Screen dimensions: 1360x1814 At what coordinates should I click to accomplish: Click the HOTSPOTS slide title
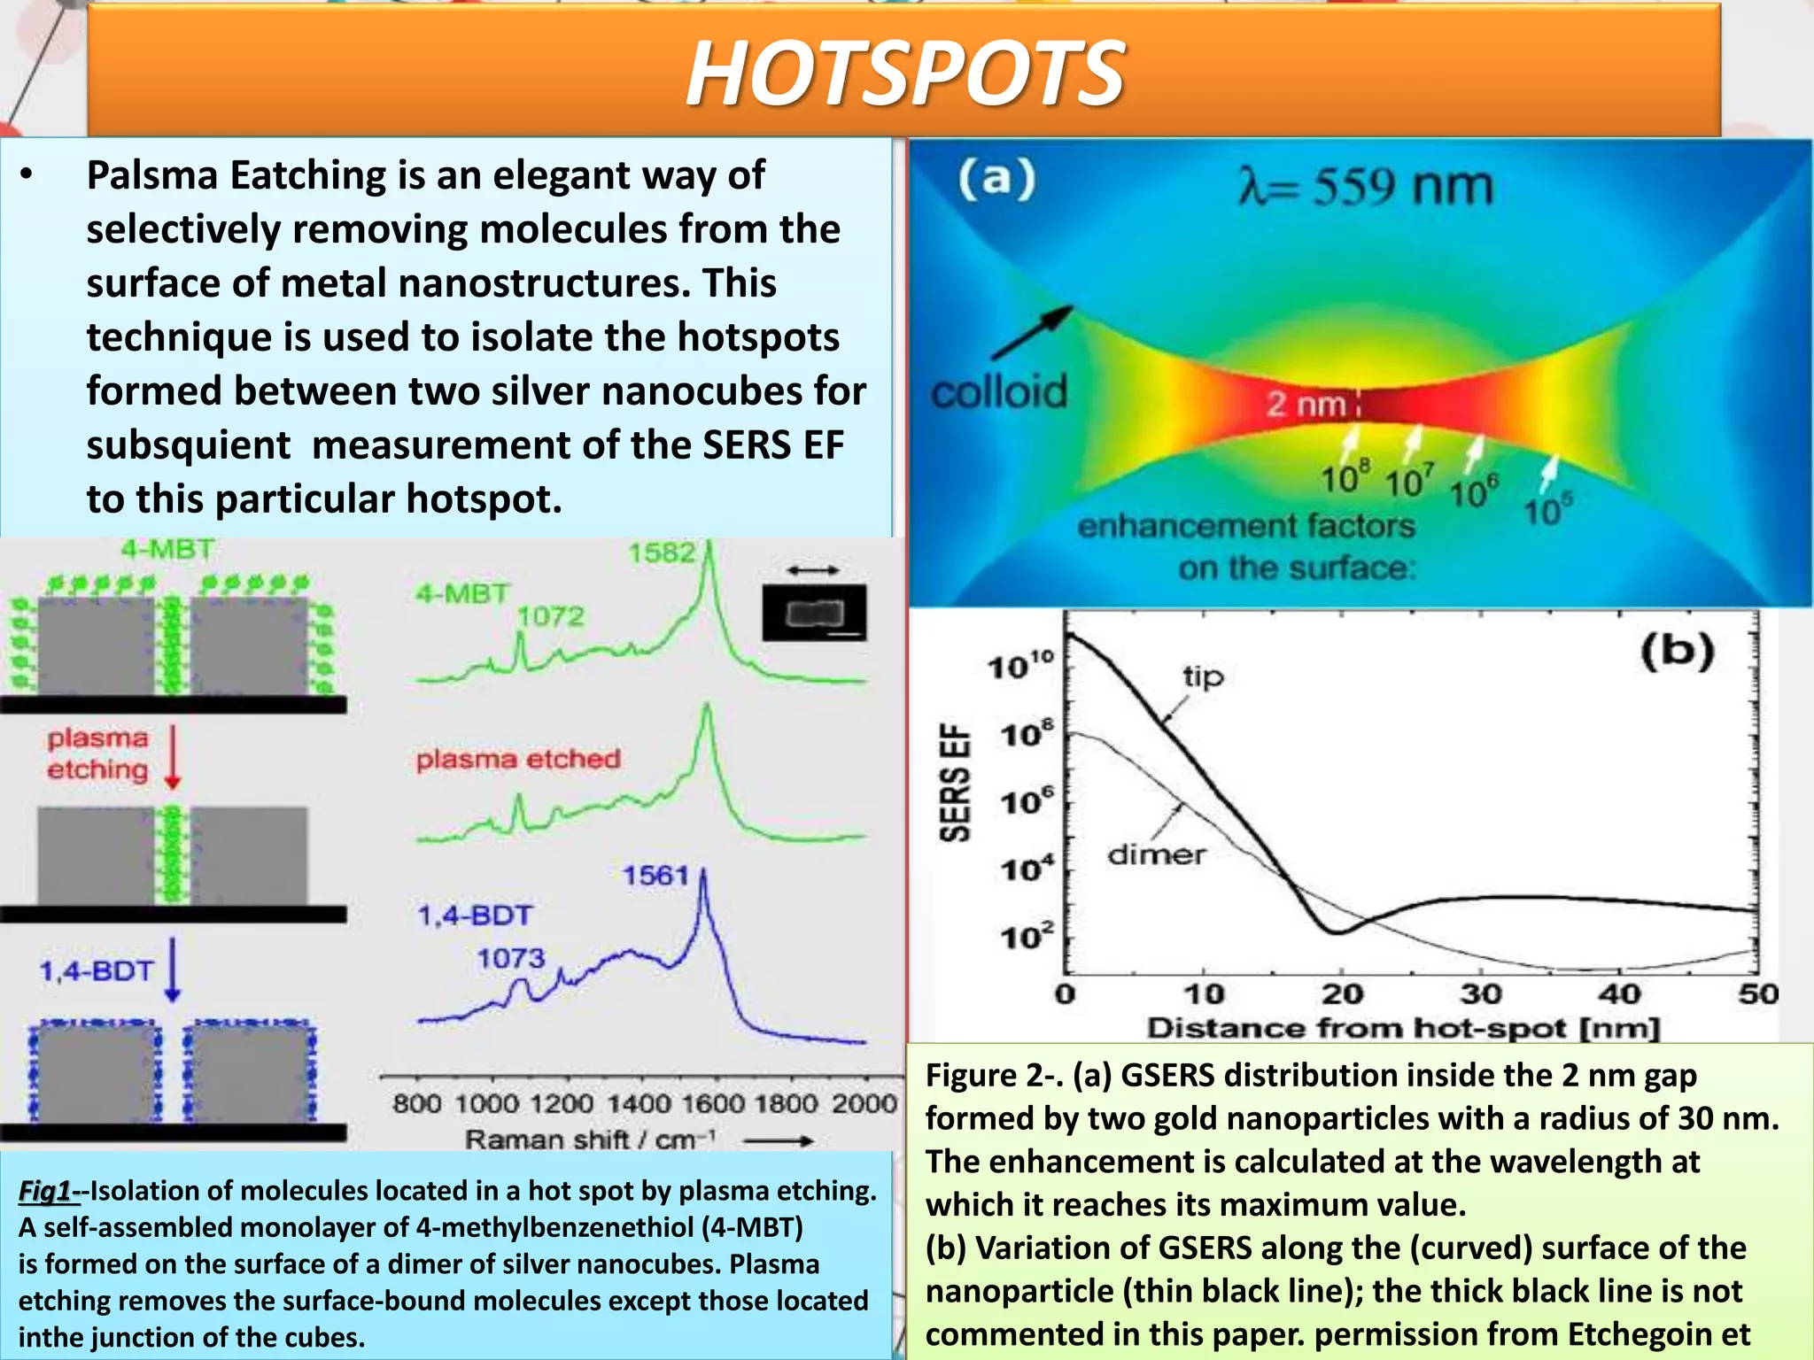(905, 73)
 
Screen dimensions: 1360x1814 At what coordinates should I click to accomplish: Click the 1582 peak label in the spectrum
(662, 553)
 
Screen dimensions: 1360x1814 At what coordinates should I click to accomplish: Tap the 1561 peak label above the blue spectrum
(655, 876)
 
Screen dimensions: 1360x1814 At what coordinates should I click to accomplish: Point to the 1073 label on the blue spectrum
(511, 958)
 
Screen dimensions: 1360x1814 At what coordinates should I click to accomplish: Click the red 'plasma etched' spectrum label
(518, 759)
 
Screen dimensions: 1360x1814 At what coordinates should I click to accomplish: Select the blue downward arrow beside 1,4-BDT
(173, 970)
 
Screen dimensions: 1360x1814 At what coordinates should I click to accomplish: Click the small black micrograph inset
(814, 612)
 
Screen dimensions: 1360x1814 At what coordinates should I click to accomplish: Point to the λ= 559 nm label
(1365, 188)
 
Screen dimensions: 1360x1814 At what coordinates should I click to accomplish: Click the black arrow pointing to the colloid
(1033, 333)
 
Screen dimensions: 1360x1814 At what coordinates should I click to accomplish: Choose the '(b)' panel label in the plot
(1677, 652)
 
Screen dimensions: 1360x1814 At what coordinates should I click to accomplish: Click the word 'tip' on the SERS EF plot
(1203, 677)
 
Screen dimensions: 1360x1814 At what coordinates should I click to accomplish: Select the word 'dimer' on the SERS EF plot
(1156, 854)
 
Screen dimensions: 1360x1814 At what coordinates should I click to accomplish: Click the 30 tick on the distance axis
(1480, 993)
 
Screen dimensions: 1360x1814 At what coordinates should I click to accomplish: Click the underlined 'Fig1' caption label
(45, 1191)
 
